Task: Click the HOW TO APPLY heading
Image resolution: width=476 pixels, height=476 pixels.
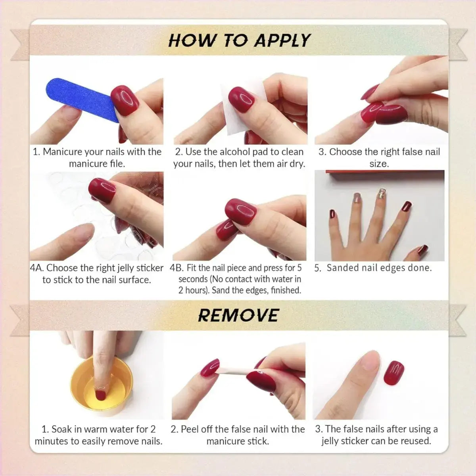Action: pyautogui.click(x=239, y=40)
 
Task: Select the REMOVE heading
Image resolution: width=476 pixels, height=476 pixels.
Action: pyautogui.click(x=238, y=315)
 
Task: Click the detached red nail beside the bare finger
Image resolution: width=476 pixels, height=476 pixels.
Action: pyautogui.click(x=393, y=372)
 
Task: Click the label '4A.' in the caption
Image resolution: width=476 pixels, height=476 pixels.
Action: pyautogui.click(x=37, y=268)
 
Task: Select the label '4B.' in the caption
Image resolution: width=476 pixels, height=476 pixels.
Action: pyautogui.click(x=177, y=268)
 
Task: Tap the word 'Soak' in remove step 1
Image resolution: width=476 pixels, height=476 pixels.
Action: pyautogui.click(x=61, y=429)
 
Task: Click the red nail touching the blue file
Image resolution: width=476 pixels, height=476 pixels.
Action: pyautogui.click(x=125, y=100)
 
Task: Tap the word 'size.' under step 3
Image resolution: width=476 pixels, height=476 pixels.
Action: pyautogui.click(x=379, y=164)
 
